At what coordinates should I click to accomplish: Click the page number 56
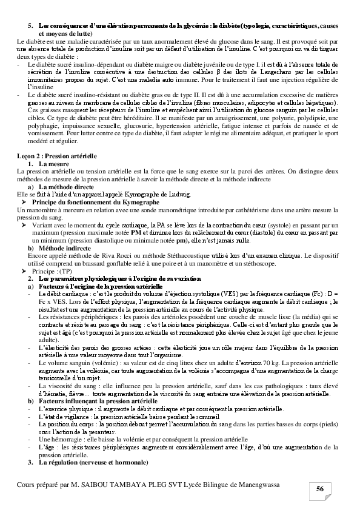tap(319, 489)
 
